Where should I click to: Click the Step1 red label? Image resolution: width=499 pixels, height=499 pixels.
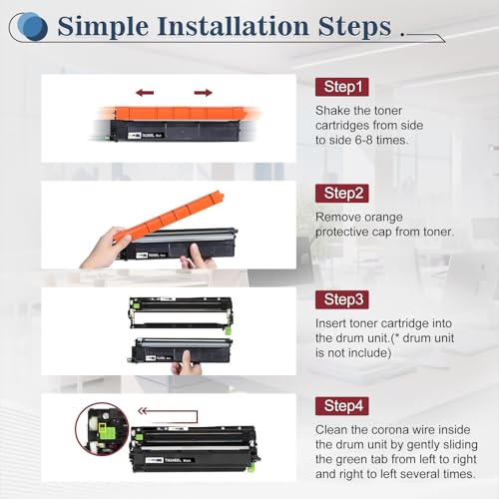click(342, 87)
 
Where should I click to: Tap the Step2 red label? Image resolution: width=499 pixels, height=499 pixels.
click(342, 194)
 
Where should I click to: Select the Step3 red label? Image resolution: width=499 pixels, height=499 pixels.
click(342, 299)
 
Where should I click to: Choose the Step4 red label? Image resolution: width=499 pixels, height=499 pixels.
click(342, 406)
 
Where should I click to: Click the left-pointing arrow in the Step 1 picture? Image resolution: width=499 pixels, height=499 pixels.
click(145, 93)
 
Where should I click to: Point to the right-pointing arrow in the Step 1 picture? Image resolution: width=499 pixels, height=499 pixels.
click(204, 93)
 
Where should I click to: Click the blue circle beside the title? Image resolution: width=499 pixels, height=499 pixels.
click(32, 27)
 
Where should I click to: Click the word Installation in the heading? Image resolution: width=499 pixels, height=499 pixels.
click(233, 26)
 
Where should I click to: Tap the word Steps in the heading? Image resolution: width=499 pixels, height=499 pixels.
click(354, 27)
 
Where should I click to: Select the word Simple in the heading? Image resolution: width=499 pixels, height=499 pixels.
click(103, 27)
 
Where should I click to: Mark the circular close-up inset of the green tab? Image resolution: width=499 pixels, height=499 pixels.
click(102, 429)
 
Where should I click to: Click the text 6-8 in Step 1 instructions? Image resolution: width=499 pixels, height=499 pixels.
click(363, 140)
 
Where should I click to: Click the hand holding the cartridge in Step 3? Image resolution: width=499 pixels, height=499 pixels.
click(187, 363)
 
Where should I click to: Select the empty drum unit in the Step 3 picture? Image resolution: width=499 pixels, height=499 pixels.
click(181, 313)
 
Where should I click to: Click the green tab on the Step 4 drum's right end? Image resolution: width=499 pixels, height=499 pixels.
click(251, 468)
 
